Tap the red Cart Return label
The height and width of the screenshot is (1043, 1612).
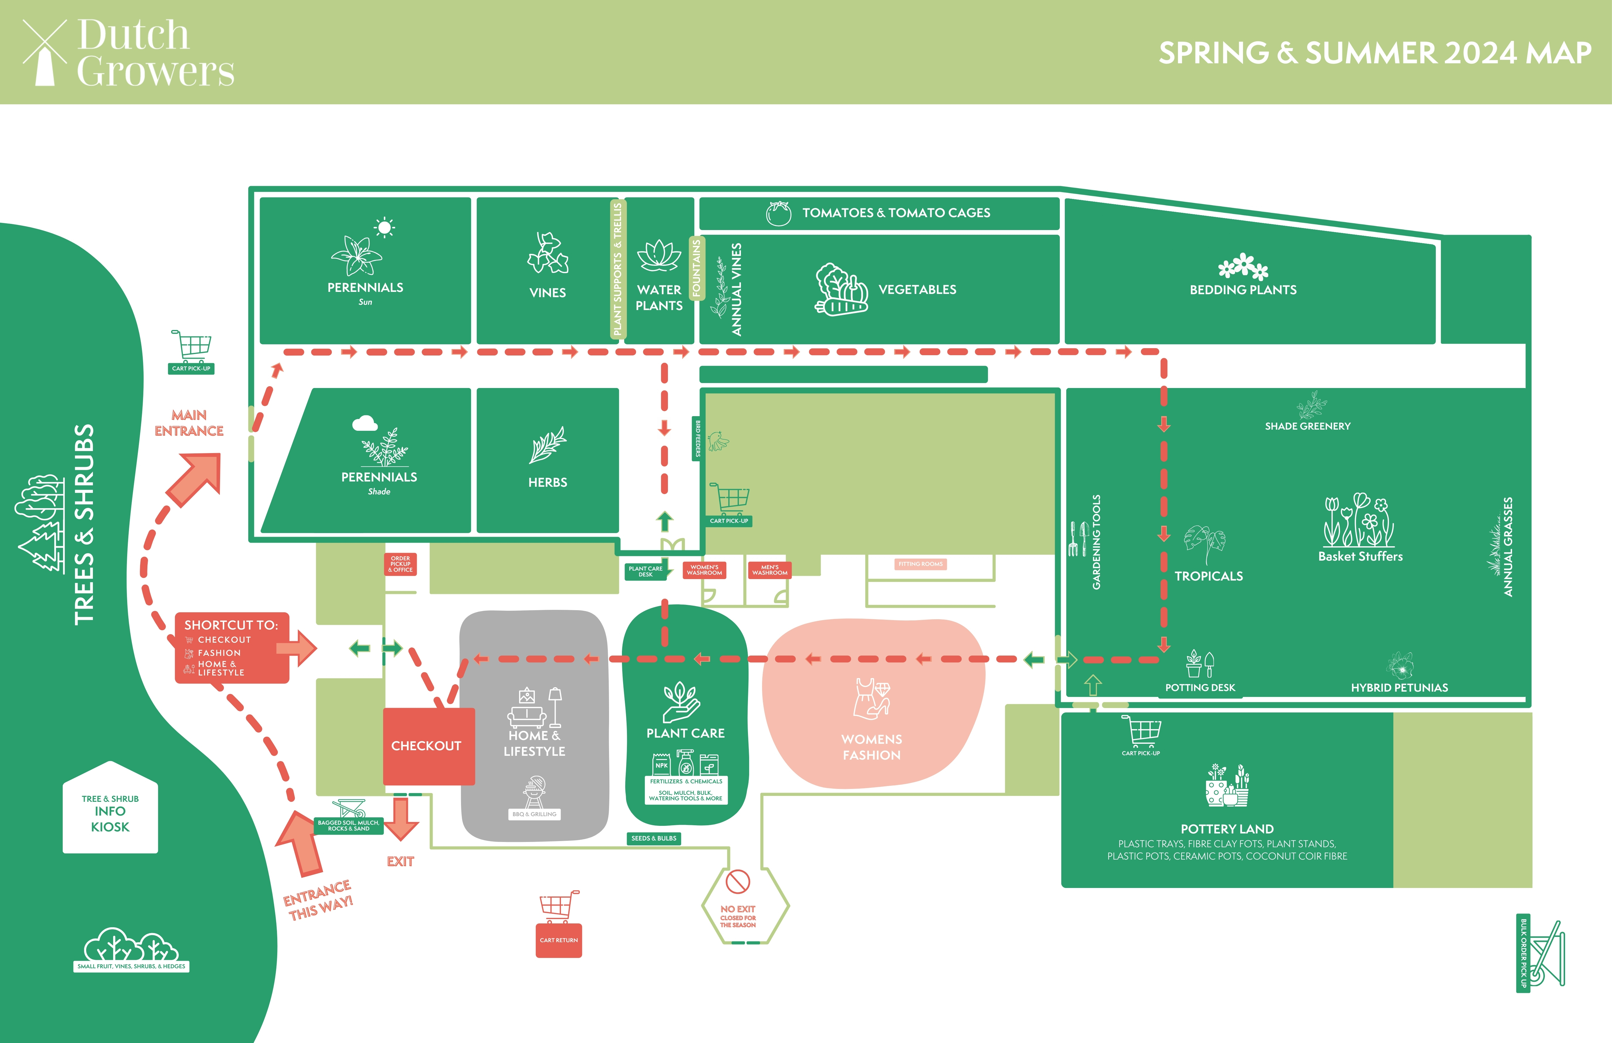[x=559, y=940]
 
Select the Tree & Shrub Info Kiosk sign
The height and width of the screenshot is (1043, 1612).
[x=110, y=811]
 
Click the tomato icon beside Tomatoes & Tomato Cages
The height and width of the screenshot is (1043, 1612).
[x=778, y=213]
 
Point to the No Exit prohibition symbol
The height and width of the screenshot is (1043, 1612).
[x=738, y=882]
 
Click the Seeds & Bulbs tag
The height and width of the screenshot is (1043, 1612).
[x=654, y=838]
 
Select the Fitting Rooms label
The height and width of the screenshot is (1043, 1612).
[x=921, y=564]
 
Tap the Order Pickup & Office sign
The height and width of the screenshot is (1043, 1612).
[x=400, y=564]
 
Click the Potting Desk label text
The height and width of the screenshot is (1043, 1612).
[x=1200, y=688]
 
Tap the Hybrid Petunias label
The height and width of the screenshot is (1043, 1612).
[x=1399, y=688]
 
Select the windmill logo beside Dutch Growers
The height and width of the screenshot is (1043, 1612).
[x=45, y=53]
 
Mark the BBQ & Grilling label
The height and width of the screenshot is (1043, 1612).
[x=534, y=814]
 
